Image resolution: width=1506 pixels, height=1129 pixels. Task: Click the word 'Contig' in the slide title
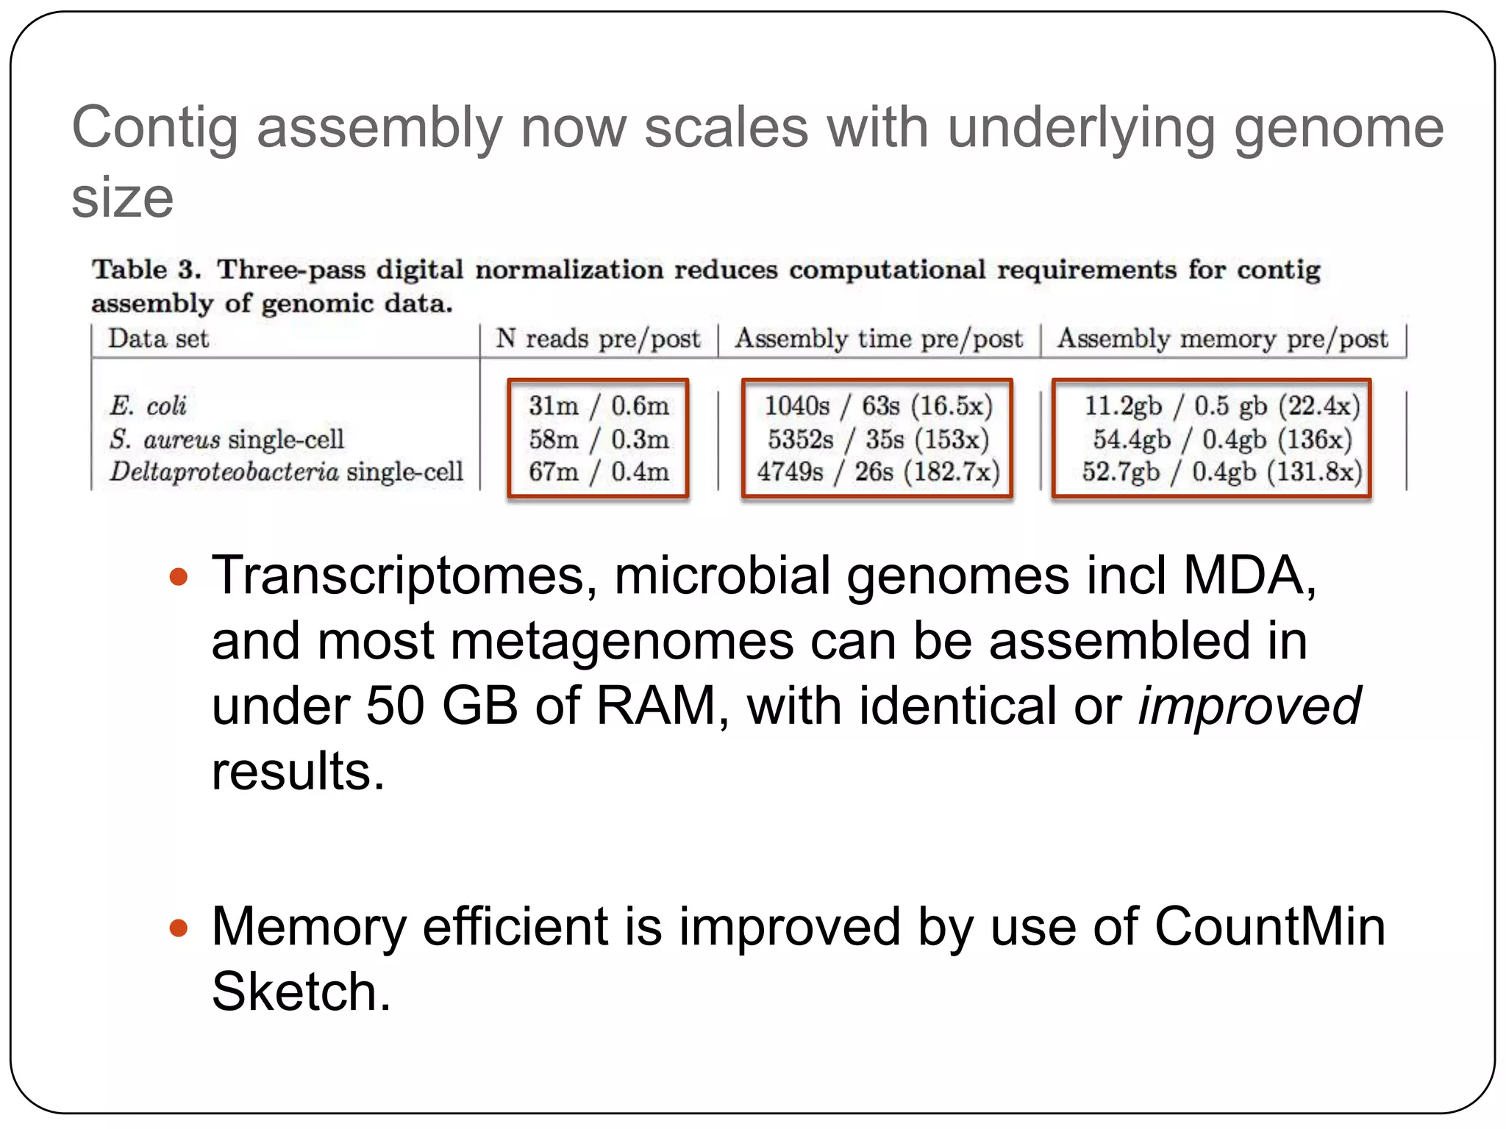[154, 129]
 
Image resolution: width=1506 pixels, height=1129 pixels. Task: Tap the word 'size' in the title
[122, 198]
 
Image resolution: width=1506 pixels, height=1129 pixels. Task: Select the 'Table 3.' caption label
[146, 269]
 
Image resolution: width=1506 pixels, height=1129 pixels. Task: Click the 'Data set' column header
[158, 339]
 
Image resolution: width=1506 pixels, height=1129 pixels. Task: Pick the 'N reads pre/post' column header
[598, 339]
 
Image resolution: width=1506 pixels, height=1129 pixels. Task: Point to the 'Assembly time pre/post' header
[879, 339]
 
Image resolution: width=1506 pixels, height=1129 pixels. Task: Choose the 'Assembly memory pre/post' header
[1222, 339]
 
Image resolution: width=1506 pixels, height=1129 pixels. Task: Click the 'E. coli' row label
[148, 405]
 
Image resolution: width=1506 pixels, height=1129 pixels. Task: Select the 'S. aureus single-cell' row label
[226, 439]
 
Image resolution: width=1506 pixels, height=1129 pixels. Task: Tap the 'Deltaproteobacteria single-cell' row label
[286, 471]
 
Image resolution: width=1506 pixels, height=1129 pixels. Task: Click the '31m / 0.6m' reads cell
[599, 405]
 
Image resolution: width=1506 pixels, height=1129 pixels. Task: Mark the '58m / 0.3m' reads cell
[599, 439]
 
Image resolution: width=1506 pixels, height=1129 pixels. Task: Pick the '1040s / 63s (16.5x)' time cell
[878, 405]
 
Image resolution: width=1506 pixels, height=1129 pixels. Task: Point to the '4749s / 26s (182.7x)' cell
[878, 471]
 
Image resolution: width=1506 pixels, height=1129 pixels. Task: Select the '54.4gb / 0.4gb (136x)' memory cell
[1222, 439]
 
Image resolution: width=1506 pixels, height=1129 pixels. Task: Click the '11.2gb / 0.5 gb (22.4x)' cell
[1222, 405]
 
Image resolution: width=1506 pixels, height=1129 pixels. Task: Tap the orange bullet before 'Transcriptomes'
[179, 576]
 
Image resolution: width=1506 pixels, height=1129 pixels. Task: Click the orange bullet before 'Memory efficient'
[179, 928]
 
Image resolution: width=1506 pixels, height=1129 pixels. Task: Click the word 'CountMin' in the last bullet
[1270, 926]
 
